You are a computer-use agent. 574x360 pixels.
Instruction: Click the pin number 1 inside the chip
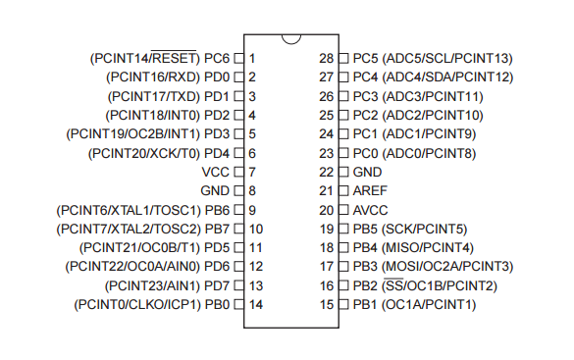point(252,58)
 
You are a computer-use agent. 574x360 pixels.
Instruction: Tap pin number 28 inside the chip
point(328,58)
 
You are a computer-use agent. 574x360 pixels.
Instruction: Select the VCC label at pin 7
point(215,172)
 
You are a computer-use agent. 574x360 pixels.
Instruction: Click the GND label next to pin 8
point(215,190)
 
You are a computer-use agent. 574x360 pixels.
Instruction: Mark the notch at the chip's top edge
point(289,39)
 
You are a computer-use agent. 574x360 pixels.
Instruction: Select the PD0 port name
point(217,77)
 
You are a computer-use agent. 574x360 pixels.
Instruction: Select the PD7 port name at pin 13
point(217,285)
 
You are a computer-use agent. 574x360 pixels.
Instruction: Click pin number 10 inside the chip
point(255,229)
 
